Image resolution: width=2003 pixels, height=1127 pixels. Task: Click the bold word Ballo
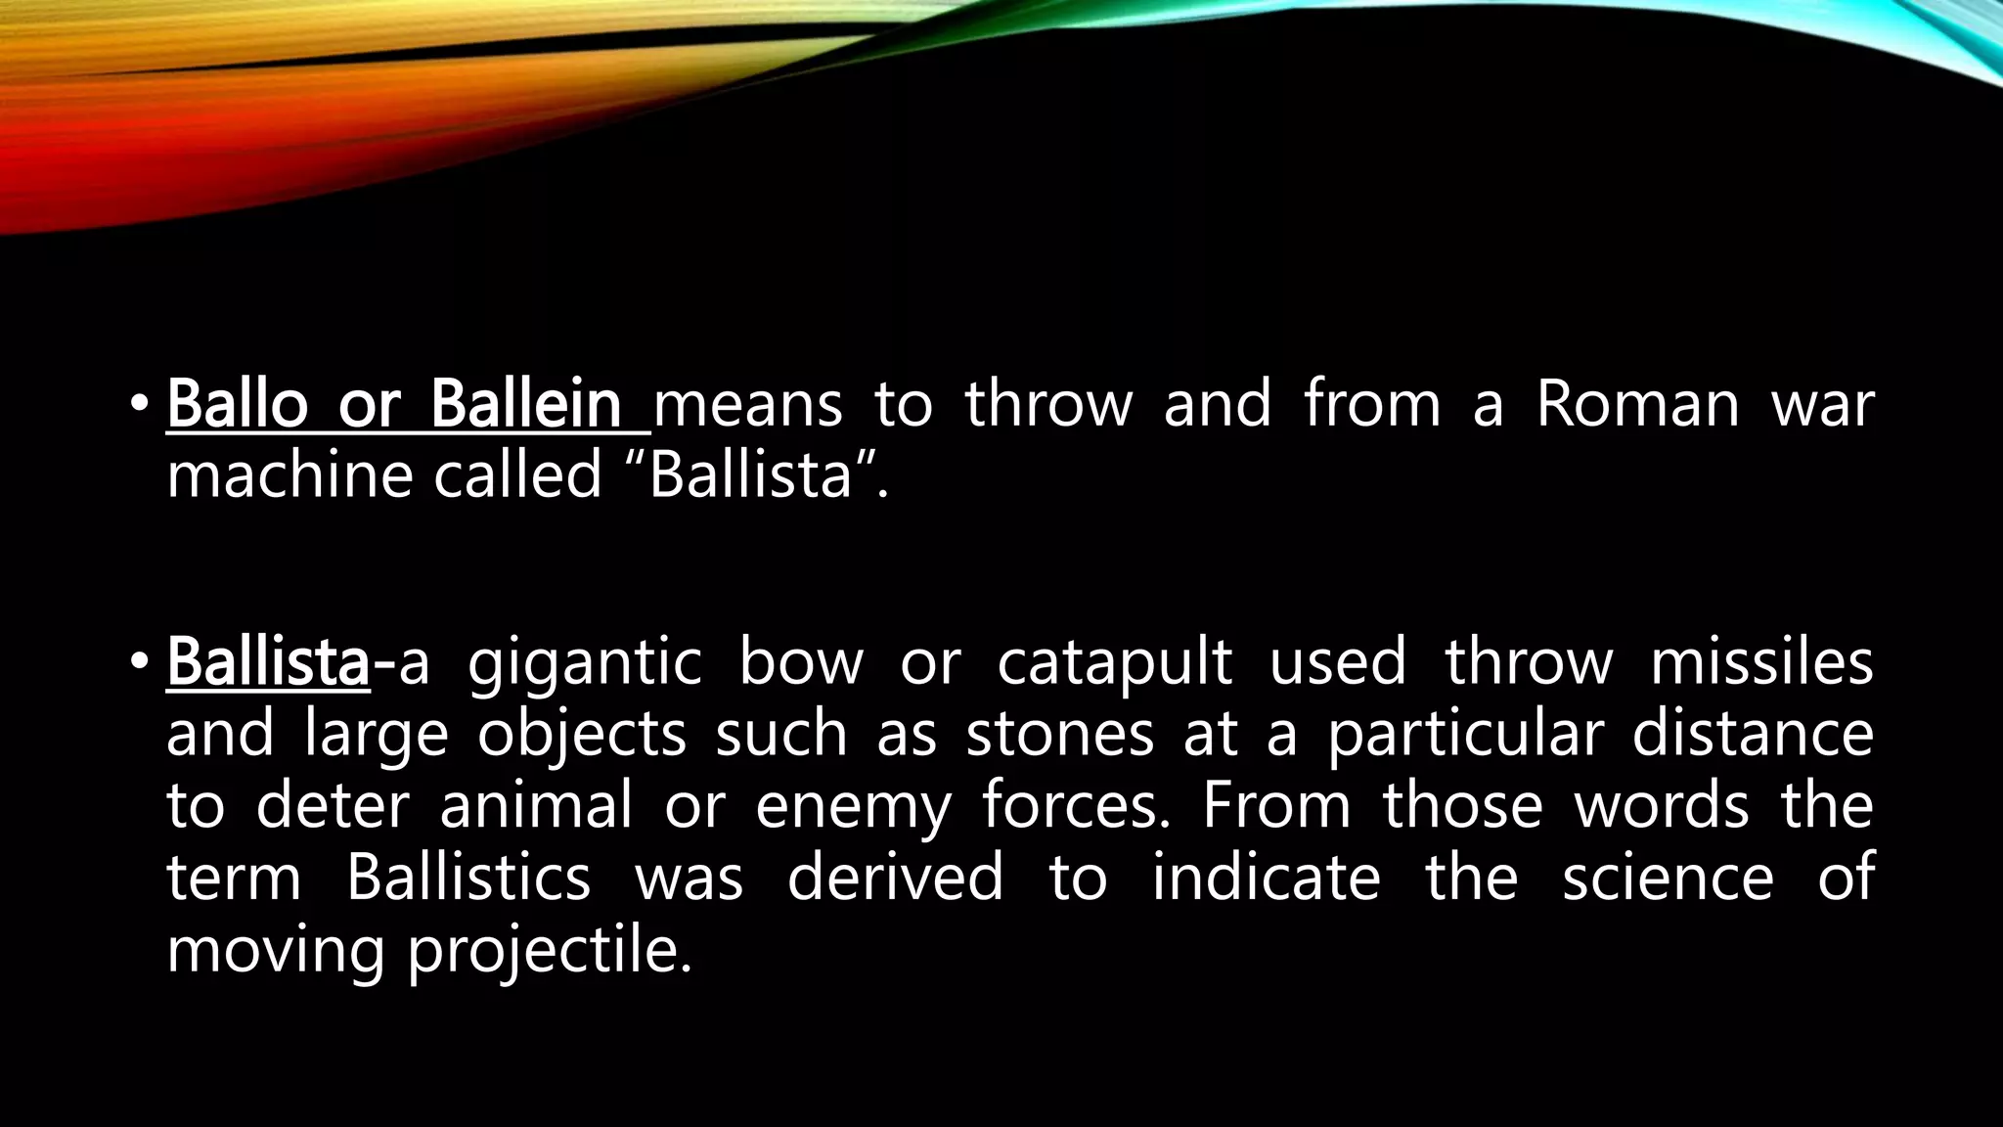[x=237, y=403]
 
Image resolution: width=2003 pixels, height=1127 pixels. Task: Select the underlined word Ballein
[x=525, y=403]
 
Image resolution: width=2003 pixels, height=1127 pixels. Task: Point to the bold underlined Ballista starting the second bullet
[x=267, y=661]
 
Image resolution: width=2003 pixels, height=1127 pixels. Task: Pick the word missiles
[x=1761, y=661]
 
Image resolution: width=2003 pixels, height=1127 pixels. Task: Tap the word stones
[x=1060, y=734]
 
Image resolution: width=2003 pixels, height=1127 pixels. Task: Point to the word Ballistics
[x=468, y=877]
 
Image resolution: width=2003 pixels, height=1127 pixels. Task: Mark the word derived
[x=895, y=877]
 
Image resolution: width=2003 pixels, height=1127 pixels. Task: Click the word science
[x=1668, y=877]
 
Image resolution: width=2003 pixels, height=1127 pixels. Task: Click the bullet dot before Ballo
[x=139, y=403]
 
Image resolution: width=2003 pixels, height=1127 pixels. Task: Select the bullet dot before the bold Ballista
[x=139, y=661]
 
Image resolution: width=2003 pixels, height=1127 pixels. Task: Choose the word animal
[x=536, y=806]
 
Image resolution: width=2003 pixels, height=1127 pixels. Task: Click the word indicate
[x=1266, y=877]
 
